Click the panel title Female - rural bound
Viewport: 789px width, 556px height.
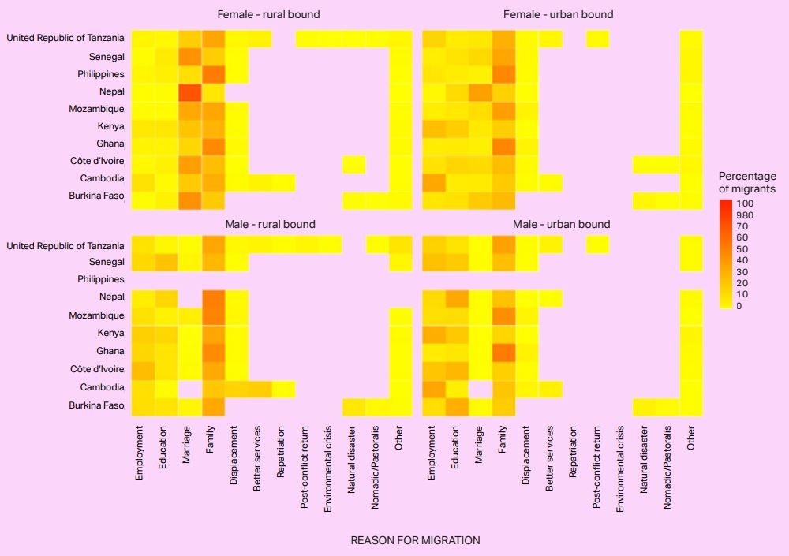[x=269, y=14]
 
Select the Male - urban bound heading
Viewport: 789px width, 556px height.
[x=562, y=225]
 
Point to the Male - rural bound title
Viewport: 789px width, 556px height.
[x=269, y=225]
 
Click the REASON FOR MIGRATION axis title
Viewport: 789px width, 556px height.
[x=415, y=540]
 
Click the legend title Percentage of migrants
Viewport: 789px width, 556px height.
[x=747, y=182]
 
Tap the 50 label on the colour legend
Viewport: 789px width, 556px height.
[x=742, y=249]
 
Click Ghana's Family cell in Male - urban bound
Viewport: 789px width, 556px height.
[x=503, y=350]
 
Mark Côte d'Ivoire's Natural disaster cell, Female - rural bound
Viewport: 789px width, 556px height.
[x=353, y=164]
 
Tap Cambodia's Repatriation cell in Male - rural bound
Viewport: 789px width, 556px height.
[x=283, y=388]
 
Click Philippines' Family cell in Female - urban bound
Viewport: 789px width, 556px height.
[x=503, y=74]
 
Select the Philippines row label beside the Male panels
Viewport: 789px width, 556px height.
[x=101, y=279]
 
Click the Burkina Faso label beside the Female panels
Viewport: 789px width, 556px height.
[x=97, y=196]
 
